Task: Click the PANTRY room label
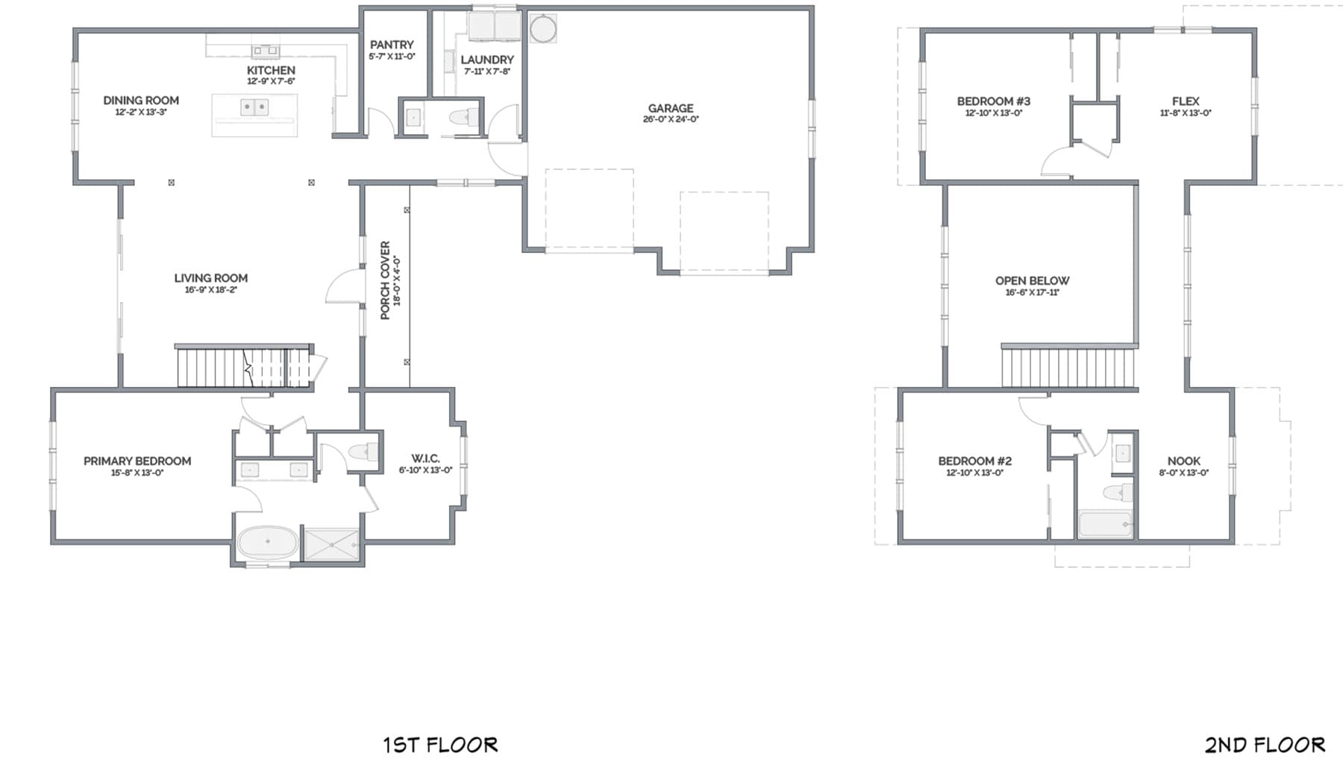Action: coord(392,45)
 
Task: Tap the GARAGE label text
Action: coord(671,108)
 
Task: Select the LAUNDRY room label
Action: coord(487,60)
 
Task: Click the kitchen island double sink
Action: coord(254,107)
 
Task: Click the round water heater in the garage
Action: coord(542,29)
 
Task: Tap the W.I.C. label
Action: coord(425,459)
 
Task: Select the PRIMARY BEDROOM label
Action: coord(137,461)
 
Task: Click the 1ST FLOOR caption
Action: coord(440,744)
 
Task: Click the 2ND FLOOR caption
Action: coord(1265,744)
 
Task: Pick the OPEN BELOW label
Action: coord(1032,280)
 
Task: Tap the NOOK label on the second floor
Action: coord(1184,461)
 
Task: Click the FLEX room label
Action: coord(1186,101)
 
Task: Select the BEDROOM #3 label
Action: coord(994,101)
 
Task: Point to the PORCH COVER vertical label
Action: coord(385,280)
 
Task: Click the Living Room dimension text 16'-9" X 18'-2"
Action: coord(211,290)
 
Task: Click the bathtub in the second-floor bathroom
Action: coord(1105,524)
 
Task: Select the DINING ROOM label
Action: coord(141,100)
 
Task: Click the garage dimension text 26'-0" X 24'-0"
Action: coord(671,119)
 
